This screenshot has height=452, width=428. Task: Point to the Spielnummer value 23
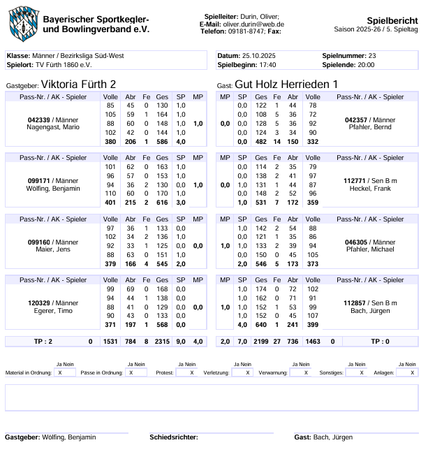372,55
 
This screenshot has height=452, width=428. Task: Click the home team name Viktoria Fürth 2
78,85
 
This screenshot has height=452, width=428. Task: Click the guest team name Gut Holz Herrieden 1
286,85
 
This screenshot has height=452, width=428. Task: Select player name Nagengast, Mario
52,128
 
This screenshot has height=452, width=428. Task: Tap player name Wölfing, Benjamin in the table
53,189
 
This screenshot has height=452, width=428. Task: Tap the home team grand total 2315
162,342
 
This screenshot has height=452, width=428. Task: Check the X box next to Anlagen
406,372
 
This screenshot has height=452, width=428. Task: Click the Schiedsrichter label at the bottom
172,437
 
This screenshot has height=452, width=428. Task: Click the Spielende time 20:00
366,64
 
